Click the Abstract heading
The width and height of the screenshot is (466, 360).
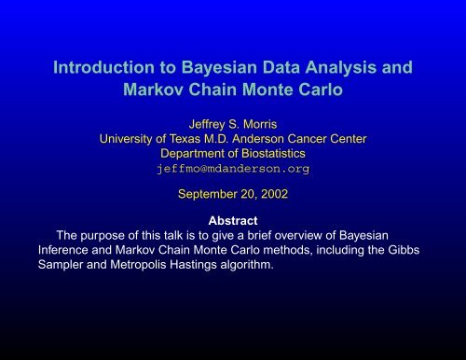[x=233, y=220]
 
